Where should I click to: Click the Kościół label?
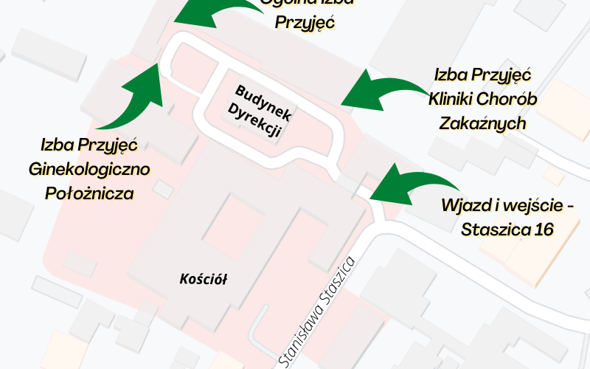(204, 279)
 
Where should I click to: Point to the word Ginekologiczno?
(89, 170)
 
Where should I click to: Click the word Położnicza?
(89, 194)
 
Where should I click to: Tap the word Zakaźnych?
(482, 123)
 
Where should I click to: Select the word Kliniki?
(454, 99)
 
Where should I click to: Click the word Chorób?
(513, 99)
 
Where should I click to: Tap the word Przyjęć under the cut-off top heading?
(305, 22)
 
